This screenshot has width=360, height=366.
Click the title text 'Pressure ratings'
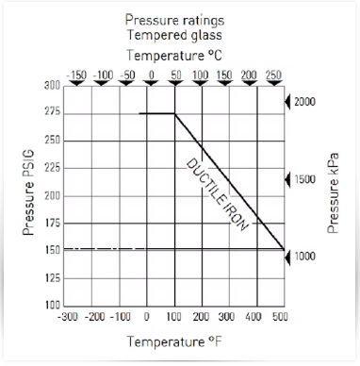click(x=179, y=19)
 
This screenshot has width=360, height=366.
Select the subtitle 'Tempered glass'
click(x=179, y=34)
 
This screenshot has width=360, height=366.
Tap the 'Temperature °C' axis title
click(x=179, y=55)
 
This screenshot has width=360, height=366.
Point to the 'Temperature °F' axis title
click(x=176, y=340)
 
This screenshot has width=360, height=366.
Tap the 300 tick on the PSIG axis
click(x=52, y=86)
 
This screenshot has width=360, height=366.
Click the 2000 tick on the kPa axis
click(x=304, y=101)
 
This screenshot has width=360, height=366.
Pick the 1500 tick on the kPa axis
click(x=304, y=179)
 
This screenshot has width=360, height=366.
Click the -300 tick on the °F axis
click(x=68, y=318)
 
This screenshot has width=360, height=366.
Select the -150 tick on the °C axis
click(x=77, y=74)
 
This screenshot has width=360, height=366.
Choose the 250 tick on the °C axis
click(x=274, y=74)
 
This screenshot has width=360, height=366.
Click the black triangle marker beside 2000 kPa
click(x=288, y=101)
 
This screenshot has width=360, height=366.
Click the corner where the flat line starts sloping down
click(x=176, y=114)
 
